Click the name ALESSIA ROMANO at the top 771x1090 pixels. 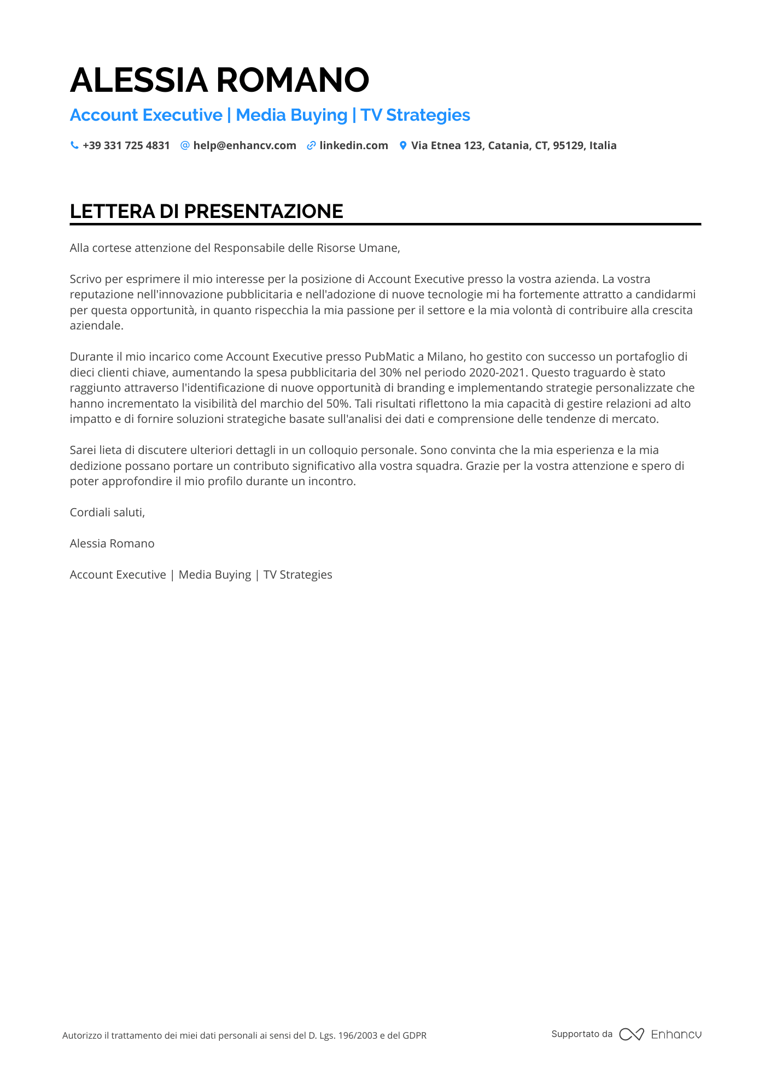(x=219, y=80)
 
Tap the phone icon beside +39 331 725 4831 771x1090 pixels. (x=74, y=145)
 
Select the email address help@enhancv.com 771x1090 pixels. (x=244, y=145)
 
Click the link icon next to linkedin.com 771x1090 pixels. (x=311, y=145)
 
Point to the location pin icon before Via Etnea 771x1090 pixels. (x=403, y=145)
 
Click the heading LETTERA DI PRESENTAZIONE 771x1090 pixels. (x=206, y=211)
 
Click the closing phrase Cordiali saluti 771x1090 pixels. (x=107, y=512)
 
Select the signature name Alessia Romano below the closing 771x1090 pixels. (x=112, y=544)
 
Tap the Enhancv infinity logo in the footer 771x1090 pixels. (x=631, y=1034)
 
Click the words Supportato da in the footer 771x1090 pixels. (x=582, y=1034)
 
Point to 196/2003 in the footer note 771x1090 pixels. (x=358, y=1035)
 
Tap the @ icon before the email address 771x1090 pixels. (x=185, y=145)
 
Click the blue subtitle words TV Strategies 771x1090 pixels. (x=415, y=115)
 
